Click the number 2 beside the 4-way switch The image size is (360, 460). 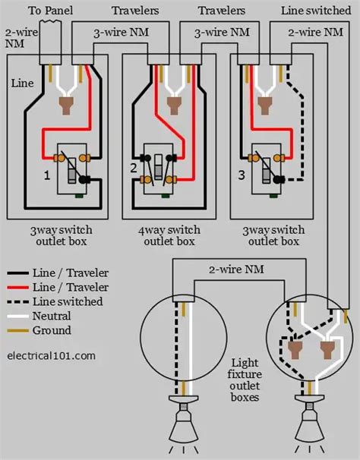[133, 168]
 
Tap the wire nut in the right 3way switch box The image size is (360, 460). [266, 106]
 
